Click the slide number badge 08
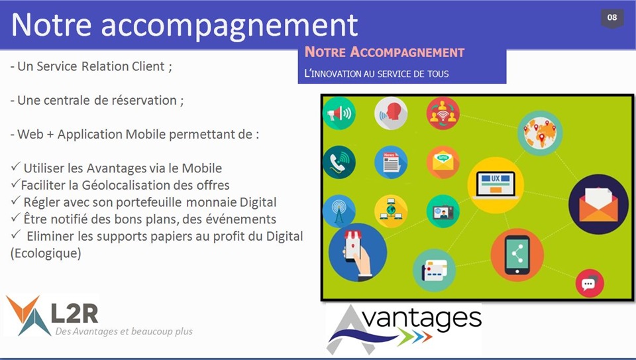[612, 19]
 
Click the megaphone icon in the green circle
[339, 113]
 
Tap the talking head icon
[391, 113]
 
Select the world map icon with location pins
[540, 133]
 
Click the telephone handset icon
[339, 162]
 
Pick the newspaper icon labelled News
[391, 162]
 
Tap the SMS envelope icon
[443, 162]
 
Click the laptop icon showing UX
[496, 185]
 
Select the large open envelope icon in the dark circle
[598, 204]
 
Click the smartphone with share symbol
[517, 255]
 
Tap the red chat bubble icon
[590, 283]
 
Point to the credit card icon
[435, 270]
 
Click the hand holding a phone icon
[357, 253]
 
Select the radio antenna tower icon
[339, 211]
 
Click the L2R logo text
[75, 313]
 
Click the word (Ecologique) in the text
[46, 253]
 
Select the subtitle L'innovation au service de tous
[376, 74]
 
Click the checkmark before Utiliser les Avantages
[15, 166]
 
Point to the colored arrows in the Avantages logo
[414, 336]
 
